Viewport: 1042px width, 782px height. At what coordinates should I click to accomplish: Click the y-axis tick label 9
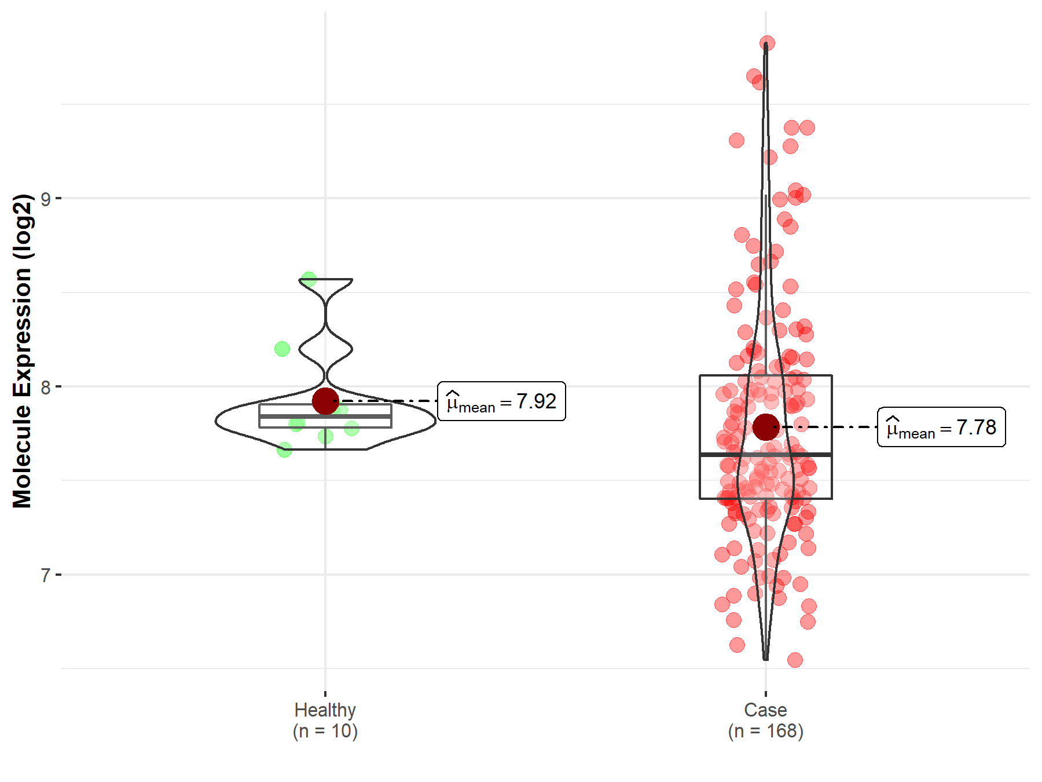(x=46, y=199)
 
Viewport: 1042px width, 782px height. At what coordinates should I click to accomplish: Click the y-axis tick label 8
(x=46, y=387)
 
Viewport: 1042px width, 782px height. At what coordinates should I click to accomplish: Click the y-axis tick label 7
(x=46, y=575)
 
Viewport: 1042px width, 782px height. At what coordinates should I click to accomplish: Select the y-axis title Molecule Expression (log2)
(x=22, y=351)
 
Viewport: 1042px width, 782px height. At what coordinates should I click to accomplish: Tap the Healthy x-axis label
(x=325, y=710)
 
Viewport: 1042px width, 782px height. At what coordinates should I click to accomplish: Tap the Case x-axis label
(x=765, y=710)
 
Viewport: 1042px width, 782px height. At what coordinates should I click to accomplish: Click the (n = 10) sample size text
(x=325, y=731)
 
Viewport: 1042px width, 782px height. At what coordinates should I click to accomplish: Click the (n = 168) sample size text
(x=765, y=731)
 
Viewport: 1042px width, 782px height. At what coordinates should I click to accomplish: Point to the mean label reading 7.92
(x=501, y=401)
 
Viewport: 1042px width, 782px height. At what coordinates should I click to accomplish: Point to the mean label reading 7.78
(x=941, y=427)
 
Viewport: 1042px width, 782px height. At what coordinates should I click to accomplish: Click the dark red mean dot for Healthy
(x=325, y=401)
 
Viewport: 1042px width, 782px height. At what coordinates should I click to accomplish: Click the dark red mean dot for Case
(x=766, y=427)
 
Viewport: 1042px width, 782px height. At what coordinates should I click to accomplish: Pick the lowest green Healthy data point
(x=284, y=450)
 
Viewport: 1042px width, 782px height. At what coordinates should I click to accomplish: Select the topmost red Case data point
(x=767, y=43)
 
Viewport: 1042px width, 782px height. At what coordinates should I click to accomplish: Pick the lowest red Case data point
(x=795, y=660)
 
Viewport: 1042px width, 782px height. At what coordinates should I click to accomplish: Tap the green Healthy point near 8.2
(x=282, y=349)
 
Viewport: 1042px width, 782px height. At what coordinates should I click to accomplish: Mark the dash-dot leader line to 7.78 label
(x=828, y=427)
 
